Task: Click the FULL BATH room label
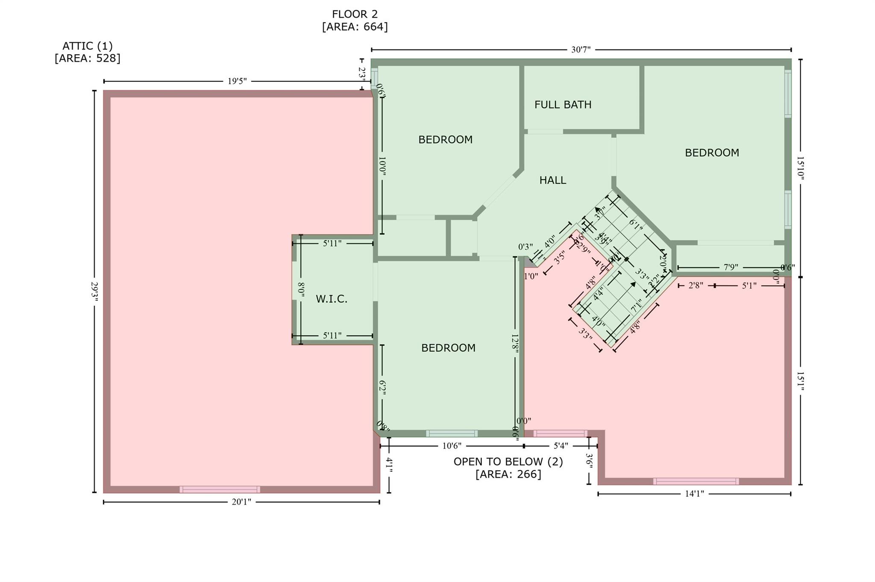coord(563,105)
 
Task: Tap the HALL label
coord(552,180)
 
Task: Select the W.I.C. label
coord(331,299)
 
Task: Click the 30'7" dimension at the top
coord(581,50)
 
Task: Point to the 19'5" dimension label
coord(237,81)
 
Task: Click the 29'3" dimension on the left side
coord(94,292)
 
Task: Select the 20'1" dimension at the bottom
coord(241,502)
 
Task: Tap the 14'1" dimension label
coord(694,494)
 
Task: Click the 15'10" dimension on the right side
coord(800,168)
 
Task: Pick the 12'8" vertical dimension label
coord(515,344)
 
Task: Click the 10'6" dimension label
coord(452,446)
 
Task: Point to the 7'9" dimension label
coord(731,267)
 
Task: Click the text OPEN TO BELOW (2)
coord(508,462)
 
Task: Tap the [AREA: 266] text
coord(508,474)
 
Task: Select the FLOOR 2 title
coord(355,15)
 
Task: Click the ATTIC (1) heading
coord(88,46)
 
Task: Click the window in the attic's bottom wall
coord(220,489)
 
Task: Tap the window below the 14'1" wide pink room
coord(696,481)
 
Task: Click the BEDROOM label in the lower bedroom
coord(448,348)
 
